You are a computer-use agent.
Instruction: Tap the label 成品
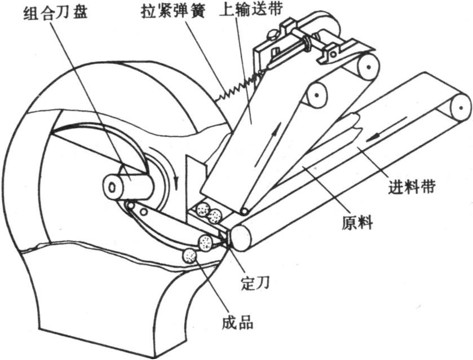(x=236, y=323)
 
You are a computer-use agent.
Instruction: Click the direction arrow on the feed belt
(x=375, y=137)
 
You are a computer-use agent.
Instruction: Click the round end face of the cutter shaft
(x=112, y=186)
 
